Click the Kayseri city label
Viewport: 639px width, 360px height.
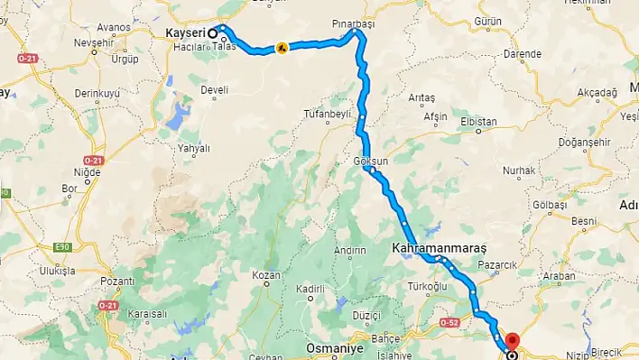pyautogui.click(x=186, y=33)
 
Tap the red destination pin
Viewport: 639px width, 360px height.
pyautogui.click(x=513, y=342)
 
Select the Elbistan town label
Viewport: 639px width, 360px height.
pyautogui.click(x=478, y=121)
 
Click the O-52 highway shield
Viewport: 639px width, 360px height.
pyautogui.click(x=450, y=322)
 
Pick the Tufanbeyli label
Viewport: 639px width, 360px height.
pyautogui.click(x=325, y=113)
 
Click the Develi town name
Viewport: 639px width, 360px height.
pyautogui.click(x=215, y=90)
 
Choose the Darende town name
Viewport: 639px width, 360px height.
pyautogui.click(x=522, y=54)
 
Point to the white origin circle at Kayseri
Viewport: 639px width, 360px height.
pyautogui.click(x=213, y=33)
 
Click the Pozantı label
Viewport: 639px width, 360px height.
pyautogui.click(x=118, y=282)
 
